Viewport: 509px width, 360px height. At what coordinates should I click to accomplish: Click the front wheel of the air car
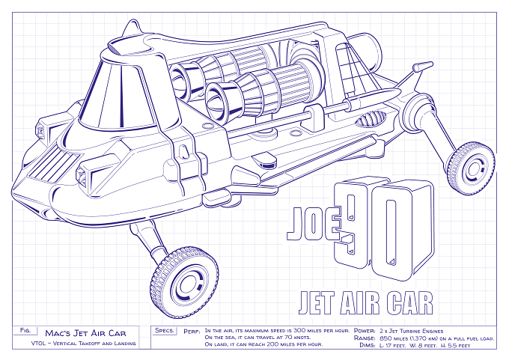[x=184, y=282]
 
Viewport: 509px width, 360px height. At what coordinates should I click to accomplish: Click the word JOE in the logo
[x=314, y=223]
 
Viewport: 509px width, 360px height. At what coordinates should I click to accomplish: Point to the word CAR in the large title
[x=410, y=302]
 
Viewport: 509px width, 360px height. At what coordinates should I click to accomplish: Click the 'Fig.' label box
[x=25, y=331]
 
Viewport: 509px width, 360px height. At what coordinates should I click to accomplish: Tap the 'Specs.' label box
[x=165, y=331]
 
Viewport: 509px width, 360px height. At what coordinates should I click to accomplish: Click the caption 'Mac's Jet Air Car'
[x=85, y=333]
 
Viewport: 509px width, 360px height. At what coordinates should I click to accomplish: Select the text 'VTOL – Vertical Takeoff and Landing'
[x=83, y=344]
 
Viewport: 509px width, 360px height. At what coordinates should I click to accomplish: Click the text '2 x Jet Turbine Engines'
[x=411, y=331]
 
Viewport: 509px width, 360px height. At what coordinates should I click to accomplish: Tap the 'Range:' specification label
[x=365, y=338]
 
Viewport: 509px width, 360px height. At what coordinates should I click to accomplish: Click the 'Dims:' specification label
[x=368, y=345]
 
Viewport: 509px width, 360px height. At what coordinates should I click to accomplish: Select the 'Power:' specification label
[x=365, y=331]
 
